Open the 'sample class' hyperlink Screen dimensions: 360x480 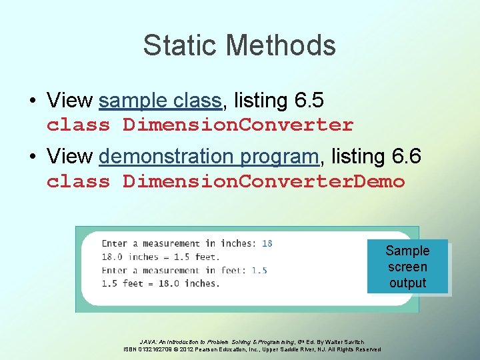point(160,101)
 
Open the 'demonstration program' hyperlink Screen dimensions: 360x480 point(209,157)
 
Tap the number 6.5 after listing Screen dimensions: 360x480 point(308,101)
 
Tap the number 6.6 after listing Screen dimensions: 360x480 point(405,157)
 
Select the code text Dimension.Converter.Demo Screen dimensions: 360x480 point(263,181)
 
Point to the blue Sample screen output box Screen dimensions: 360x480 point(407,267)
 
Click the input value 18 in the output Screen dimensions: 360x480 point(267,243)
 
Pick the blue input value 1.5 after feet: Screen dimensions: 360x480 point(259,270)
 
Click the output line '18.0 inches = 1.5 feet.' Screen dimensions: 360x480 point(161,257)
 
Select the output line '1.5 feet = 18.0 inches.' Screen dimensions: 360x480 point(161,283)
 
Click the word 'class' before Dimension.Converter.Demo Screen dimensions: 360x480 point(78,181)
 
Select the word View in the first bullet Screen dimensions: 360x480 point(69,101)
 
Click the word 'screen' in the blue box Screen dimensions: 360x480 point(407,267)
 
